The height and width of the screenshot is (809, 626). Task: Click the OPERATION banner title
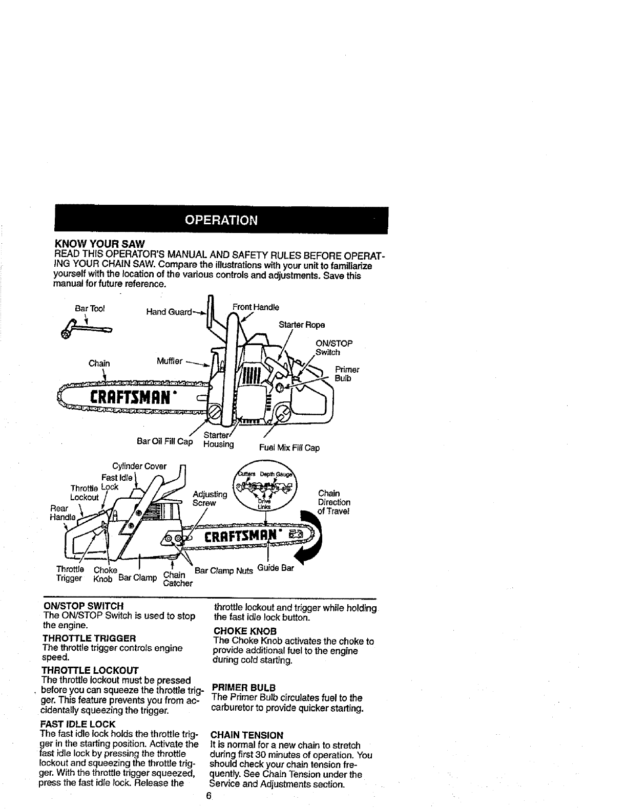(221, 221)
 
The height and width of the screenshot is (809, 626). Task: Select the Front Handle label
(256, 307)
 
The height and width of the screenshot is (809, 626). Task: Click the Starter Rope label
(302, 325)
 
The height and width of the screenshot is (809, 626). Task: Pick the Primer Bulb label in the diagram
(347, 374)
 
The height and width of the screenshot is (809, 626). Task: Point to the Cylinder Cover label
(139, 466)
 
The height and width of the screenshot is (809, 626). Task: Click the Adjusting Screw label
(210, 498)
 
